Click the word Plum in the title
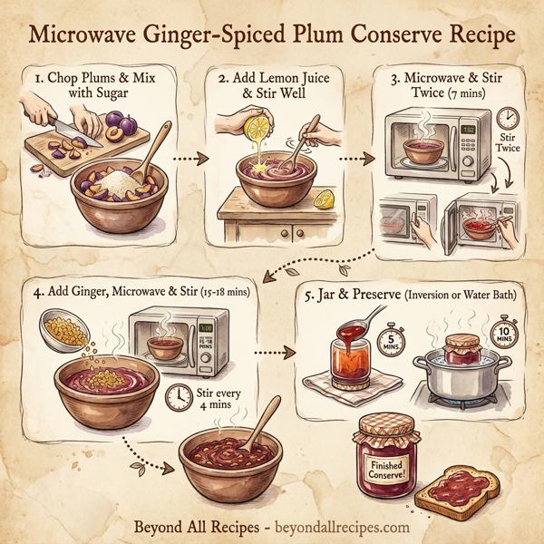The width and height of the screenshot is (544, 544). [x=320, y=35]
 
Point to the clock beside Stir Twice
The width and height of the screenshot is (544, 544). [x=509, y=117]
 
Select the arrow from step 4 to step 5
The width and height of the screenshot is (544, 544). [x=269, y=350]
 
